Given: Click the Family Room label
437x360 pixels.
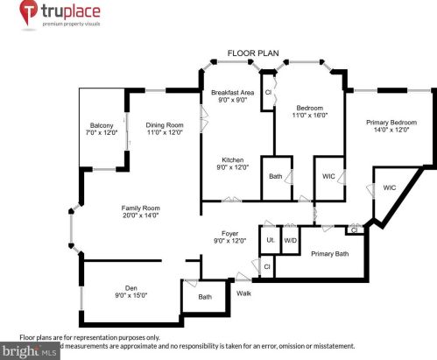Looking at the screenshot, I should click(x=140, y=207).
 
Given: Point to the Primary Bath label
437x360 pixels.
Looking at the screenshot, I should click(x=330, y=254).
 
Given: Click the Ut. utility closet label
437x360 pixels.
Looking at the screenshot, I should click(x=270, y=239).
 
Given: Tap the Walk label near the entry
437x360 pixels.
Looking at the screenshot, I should click(x=244, y=293).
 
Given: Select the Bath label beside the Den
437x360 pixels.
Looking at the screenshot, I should click(x=205, y=297).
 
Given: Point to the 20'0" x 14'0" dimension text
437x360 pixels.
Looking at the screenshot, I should click(x=140, y=215).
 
